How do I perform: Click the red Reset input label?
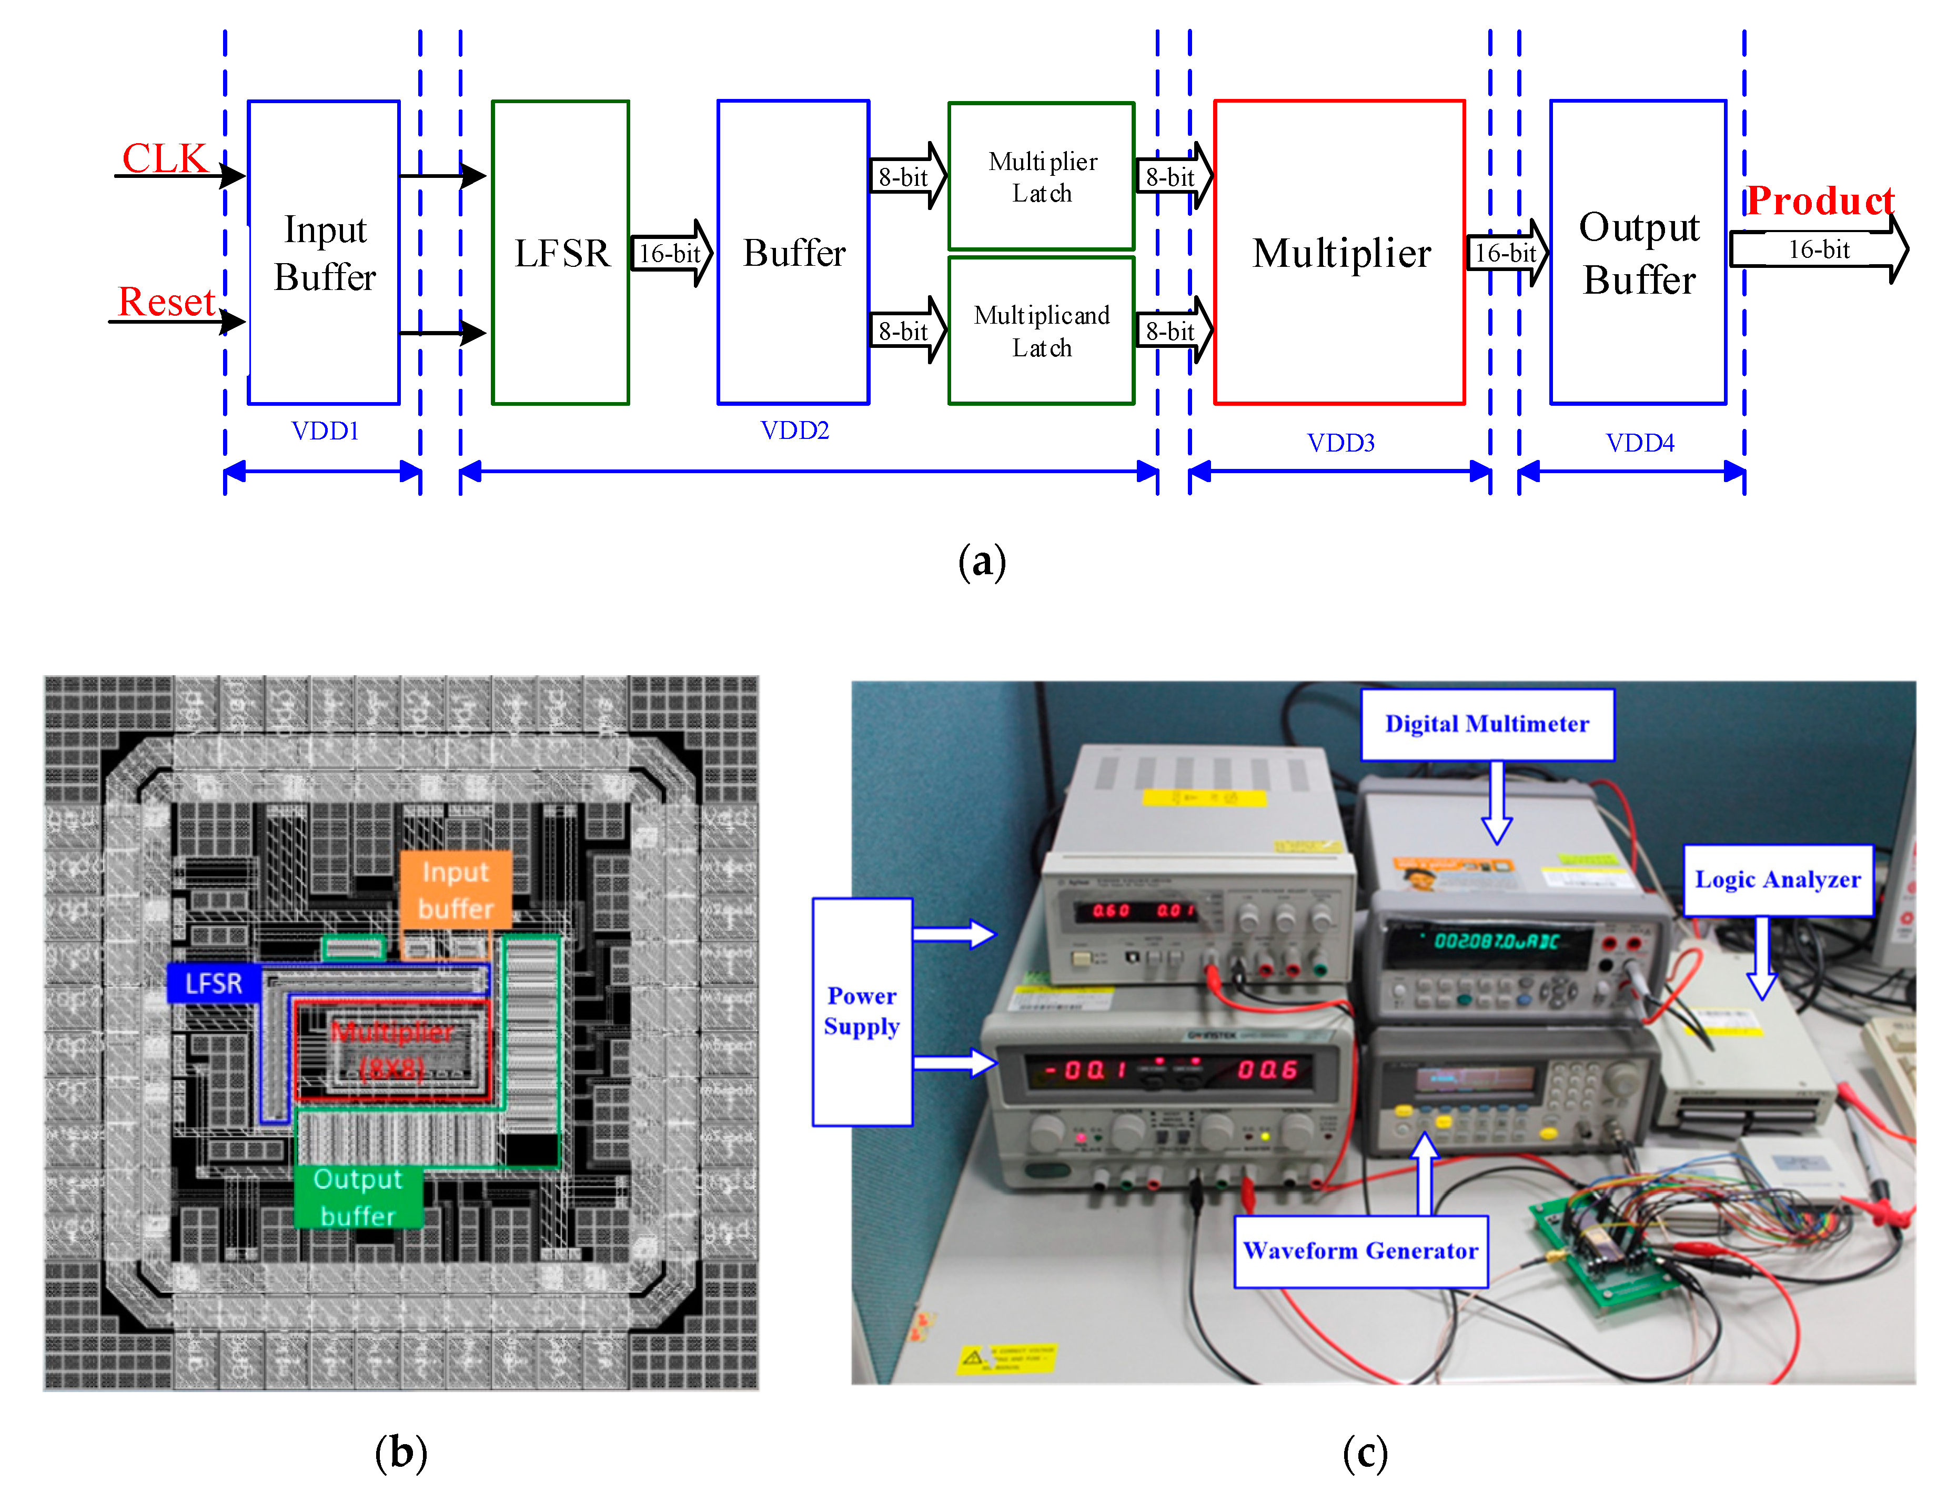[167, 302]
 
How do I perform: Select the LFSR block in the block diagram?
[561, 253]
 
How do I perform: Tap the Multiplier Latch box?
[1041, 177]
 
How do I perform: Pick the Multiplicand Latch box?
[1041, 331]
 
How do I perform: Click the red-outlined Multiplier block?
[1339, 253]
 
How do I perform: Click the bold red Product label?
[1819, 201]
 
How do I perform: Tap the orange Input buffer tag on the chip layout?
[456, 889]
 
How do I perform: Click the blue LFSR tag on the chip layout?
[214, 983]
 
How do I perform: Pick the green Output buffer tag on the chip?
[358, 1197]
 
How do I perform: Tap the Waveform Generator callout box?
[1360, 1250]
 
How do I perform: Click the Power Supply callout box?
[861, 1012]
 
